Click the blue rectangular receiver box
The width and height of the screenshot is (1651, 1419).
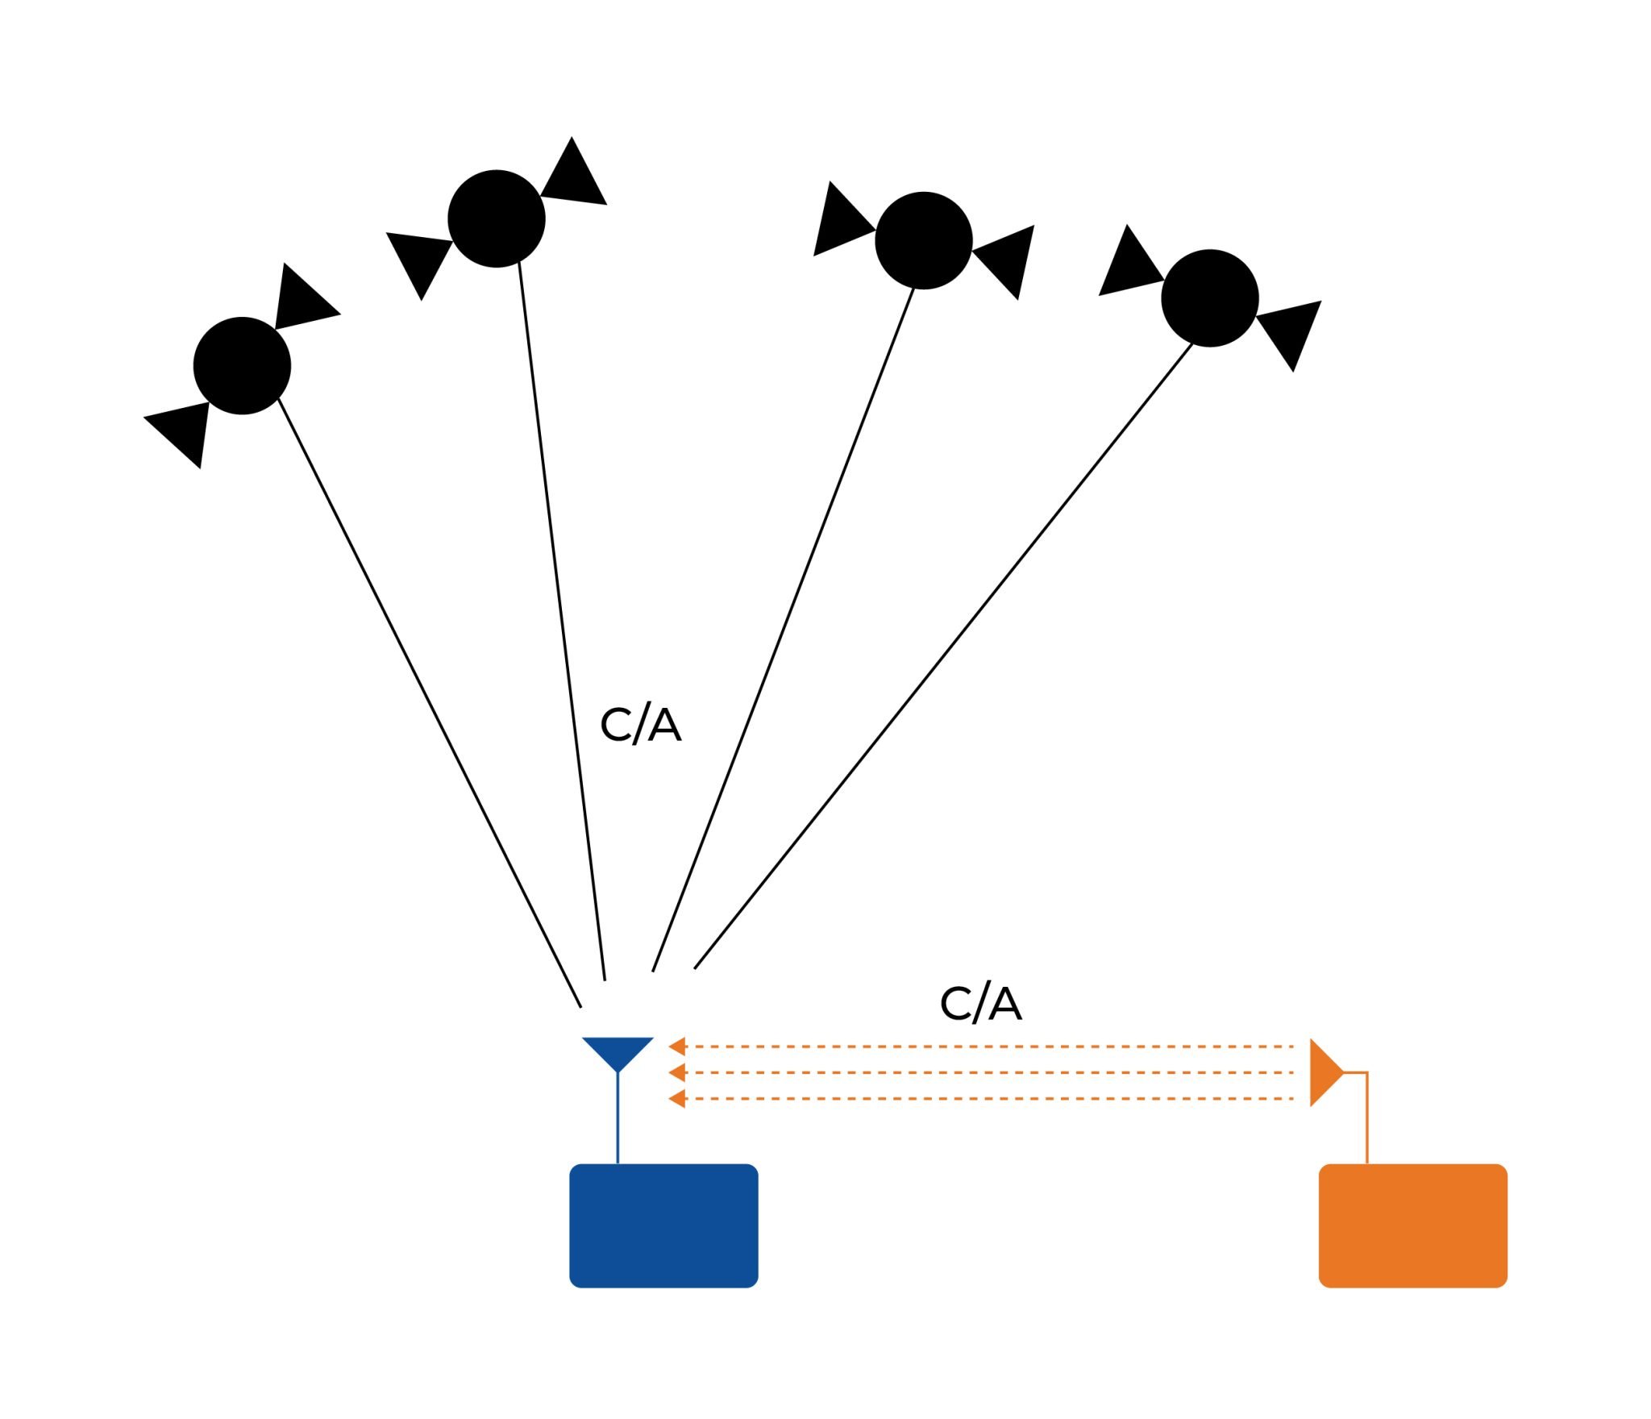663,1225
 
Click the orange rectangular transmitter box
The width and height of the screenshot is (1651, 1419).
1412,1225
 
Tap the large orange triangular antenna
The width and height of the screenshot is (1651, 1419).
1323,1072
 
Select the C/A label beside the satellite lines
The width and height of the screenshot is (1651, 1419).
640,725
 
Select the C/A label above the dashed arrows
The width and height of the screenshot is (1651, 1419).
980,1004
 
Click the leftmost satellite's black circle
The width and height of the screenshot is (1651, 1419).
242,365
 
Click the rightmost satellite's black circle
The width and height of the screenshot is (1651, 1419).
1209,298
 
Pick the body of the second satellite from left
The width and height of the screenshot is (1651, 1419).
497,218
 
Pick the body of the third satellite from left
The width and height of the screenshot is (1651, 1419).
923,240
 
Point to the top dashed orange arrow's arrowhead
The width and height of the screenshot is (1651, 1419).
678,1047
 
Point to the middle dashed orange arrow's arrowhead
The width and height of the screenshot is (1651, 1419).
678,1072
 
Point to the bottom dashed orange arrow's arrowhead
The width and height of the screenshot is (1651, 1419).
678,1098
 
